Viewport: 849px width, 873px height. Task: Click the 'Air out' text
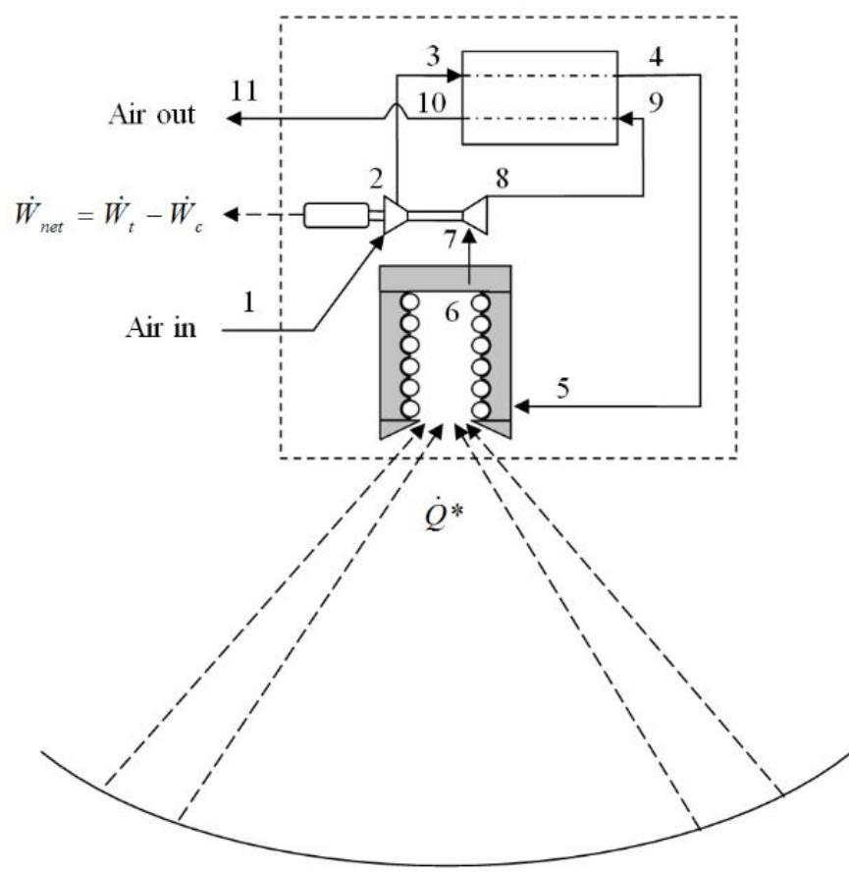pos(151,117)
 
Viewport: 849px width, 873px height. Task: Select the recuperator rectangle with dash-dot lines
pos(539,96)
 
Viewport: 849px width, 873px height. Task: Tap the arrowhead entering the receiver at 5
pos(521,404)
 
